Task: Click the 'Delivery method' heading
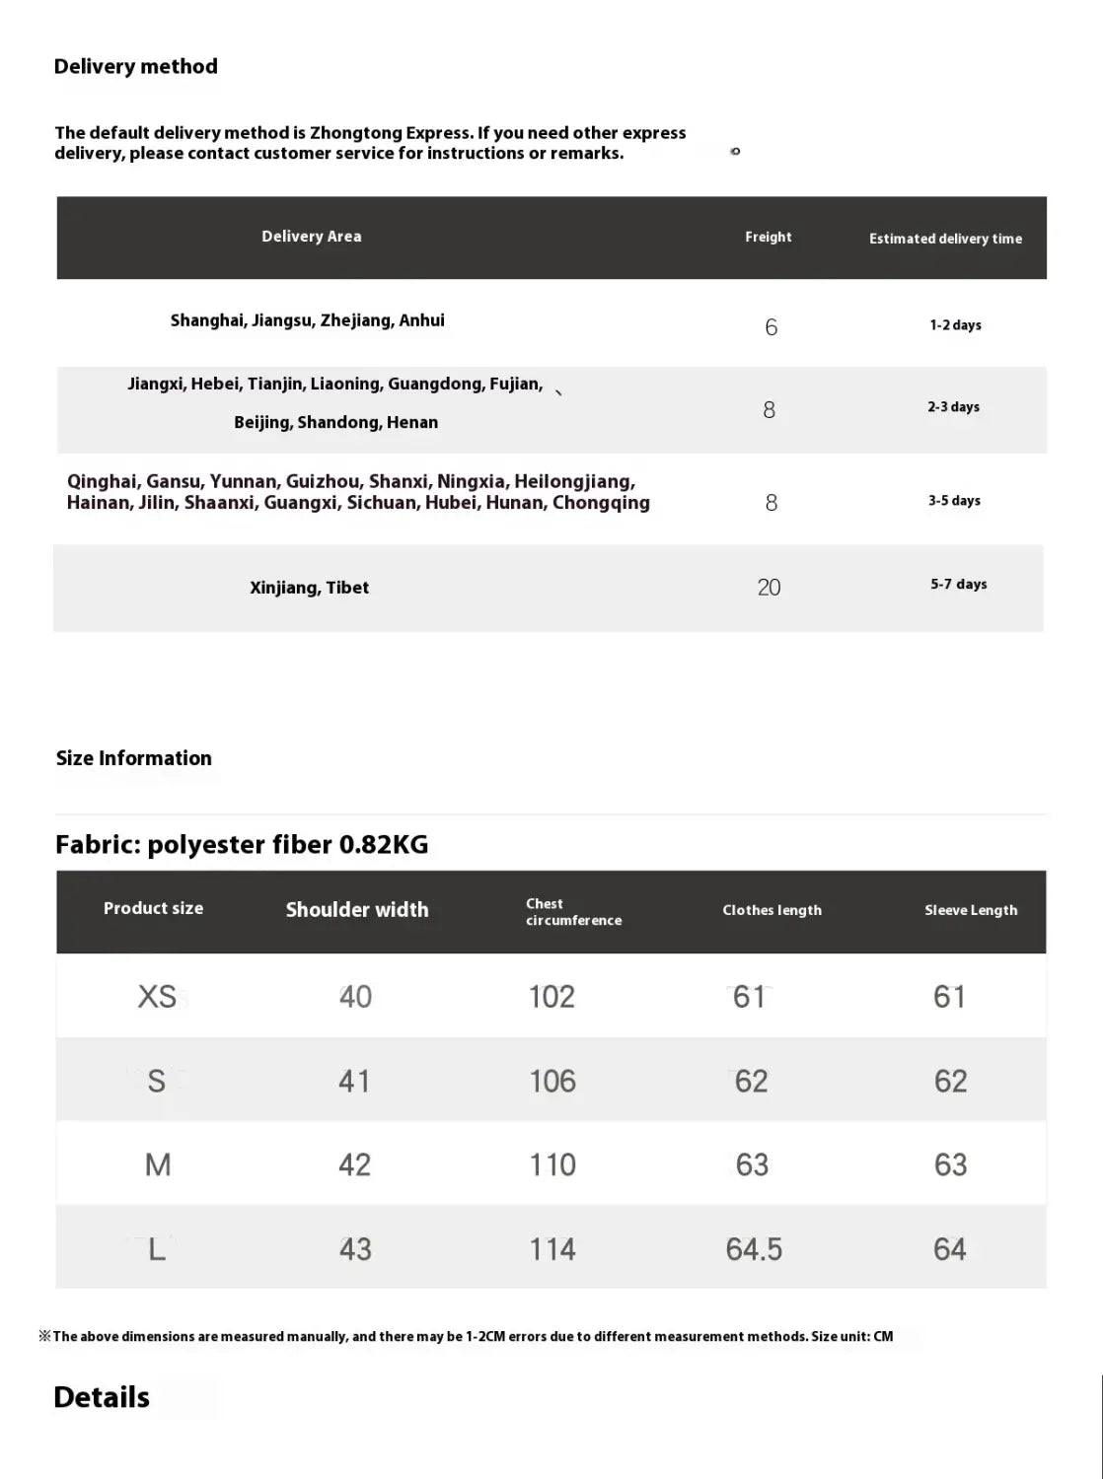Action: click(135, 67)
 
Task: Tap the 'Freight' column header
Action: click(768, 237)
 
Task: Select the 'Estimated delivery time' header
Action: click(945, 239)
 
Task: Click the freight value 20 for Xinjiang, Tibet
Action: click(769, 588)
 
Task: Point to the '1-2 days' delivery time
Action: click(955, 325)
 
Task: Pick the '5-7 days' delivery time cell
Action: click(958, 584)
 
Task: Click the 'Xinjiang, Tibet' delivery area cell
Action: click(309, 588)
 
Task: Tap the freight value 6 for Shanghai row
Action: click(771, 327)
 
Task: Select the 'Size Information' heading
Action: click(133, 758)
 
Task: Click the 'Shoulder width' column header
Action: click(357, 910)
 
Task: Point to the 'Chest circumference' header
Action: click(573, 912)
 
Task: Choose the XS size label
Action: click(157, 997)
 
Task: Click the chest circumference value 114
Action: click(551, 1249)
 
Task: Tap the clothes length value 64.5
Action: click(754, 1249)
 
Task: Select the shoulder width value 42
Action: click(354, 1164)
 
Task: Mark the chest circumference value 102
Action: click(551, 997)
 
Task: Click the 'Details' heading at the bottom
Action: click(102, 1397)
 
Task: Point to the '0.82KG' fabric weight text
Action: click(384, 845)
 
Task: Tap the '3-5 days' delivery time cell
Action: click(954, 501)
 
